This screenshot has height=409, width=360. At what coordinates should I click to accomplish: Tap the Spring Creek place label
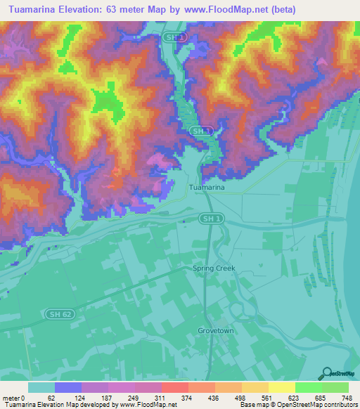coord(214,268)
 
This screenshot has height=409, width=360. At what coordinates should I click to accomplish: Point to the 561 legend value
coord(266,397)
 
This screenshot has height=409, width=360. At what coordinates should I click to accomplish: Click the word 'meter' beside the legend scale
coord(11,397)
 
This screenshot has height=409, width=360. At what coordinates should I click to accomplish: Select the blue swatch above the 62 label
coord(68,387)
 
